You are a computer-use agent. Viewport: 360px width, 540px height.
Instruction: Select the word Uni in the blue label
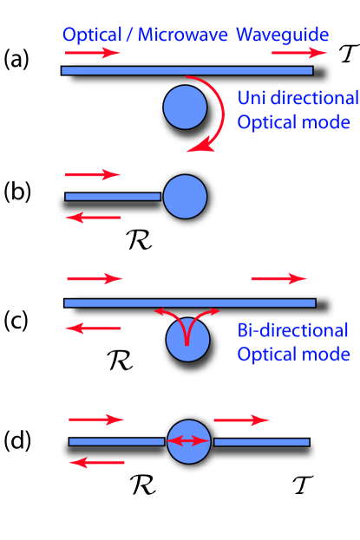pyautogui.click(x=252, y=97)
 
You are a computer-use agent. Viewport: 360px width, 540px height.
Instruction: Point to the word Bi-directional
pyautogui.click(x=292, y=331)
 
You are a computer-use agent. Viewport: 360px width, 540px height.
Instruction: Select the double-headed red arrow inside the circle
pyautogui.click(x=187, y=441)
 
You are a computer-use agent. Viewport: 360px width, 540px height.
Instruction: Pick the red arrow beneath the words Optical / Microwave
pyautogui.click(x=92, y=53)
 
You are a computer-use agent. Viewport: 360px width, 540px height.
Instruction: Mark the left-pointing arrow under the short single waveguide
pyautogui.click(x=93, y=218)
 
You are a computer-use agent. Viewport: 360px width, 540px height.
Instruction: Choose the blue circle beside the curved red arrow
pyautogui.click(x=185, y=107)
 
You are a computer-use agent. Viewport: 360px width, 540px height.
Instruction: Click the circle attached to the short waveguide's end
pyautogui.click(x=185, y=197)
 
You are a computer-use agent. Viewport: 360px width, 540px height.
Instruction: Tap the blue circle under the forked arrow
pyautogui.click(x=187, y=339)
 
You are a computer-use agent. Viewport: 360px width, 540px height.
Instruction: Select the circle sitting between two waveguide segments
pyautogui.click(x=188, y=442)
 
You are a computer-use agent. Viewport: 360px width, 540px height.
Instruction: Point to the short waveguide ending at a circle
pyautogui.click(x=113, y=197)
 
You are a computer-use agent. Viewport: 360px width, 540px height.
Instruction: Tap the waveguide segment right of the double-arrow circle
pyautogui.click(x=261, y=442)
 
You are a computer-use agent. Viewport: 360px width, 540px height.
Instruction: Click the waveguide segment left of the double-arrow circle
pyautogui.click(x=116, y=442)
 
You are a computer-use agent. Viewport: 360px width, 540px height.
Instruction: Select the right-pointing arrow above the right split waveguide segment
pyautogui.click(x=241, y=420)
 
